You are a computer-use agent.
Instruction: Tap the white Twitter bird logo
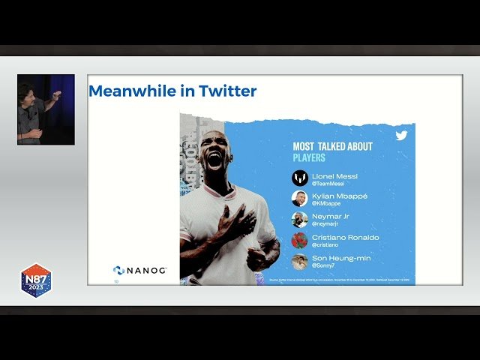(x=401, y=136)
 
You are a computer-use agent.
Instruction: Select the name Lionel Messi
(x=334, y=176)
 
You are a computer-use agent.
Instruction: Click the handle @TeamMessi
(x=328, y=184)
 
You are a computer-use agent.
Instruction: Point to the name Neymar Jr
(x=330, y=216)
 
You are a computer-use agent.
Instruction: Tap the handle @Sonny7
(x=324, y=265)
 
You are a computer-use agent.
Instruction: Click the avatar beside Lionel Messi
(x=299, y=178)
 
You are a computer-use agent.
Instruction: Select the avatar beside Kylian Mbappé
(x=299, y=199)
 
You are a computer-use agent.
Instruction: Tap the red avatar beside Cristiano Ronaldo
(x=299, y=241)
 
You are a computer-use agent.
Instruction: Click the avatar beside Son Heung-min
(x=299, y=262)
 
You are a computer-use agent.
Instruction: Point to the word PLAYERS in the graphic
(x=309, y=158)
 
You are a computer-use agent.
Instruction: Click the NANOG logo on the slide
(x=140, y=270)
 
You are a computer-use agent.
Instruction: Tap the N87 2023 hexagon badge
(x=35, y=280)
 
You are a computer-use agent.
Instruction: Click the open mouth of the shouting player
(x=214, y=159)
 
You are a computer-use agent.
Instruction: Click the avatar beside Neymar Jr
(x=299, y=220)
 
